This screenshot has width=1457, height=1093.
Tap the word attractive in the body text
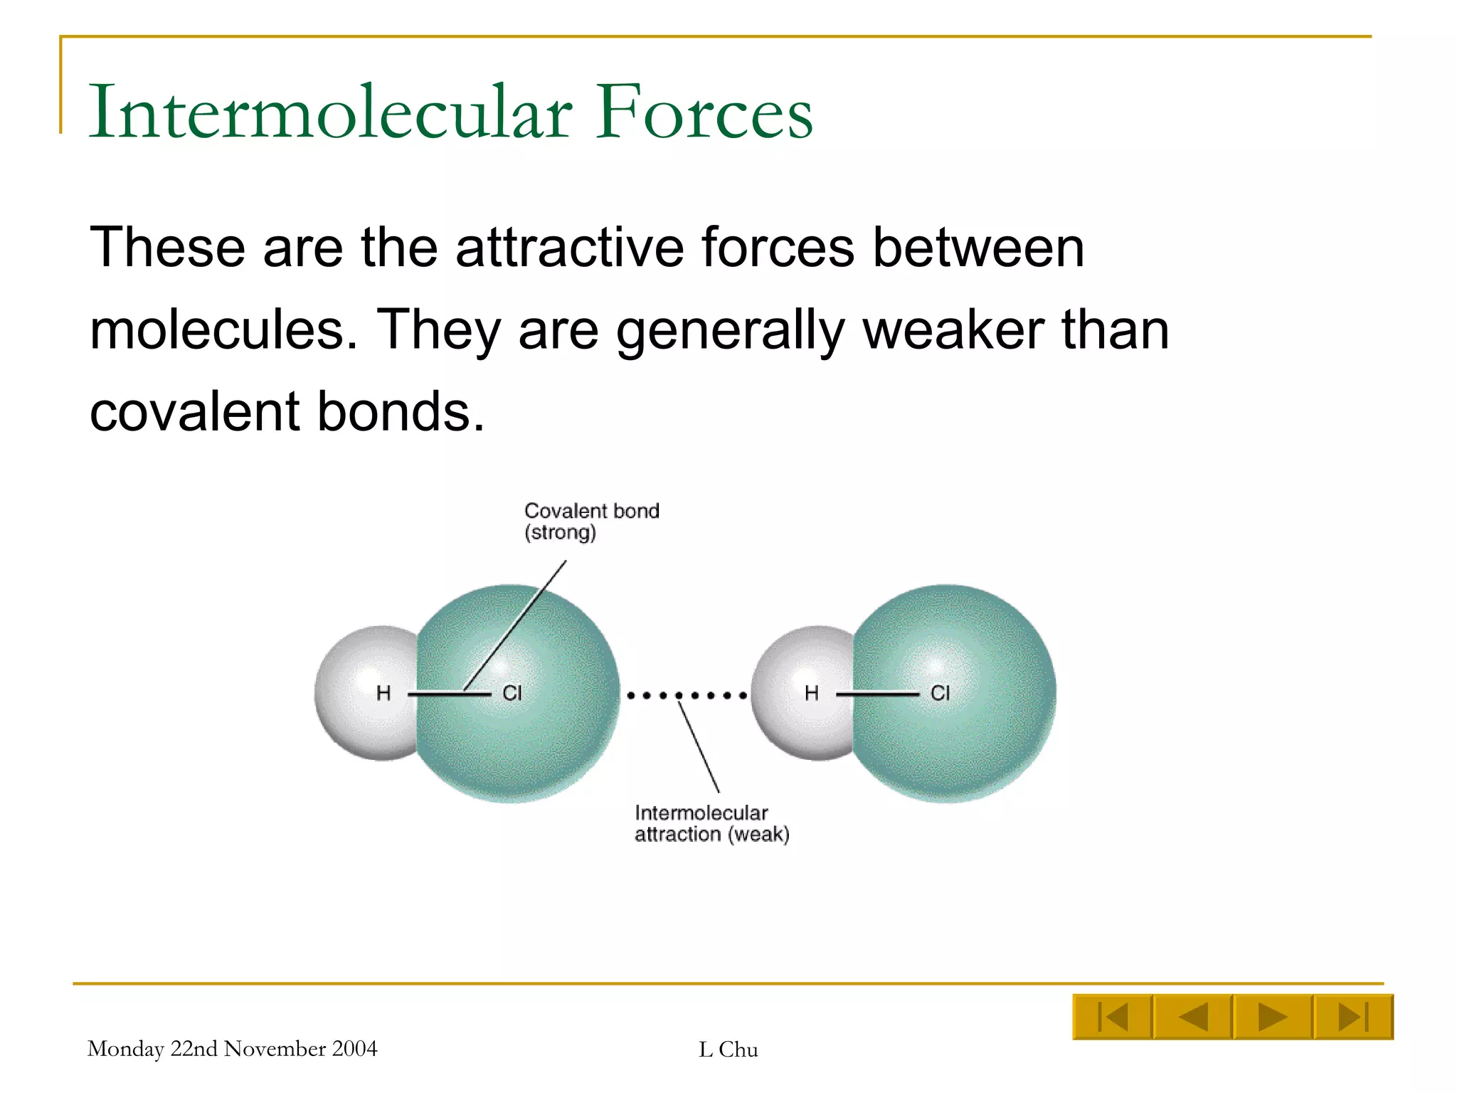coord(569,247)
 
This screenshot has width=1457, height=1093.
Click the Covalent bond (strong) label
coord(592,522)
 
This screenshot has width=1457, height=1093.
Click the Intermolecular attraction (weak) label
coord(712,823)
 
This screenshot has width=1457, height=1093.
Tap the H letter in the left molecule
coord(383,693)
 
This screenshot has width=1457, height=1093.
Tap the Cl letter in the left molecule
coord(512,693)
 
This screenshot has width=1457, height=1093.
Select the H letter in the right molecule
coord(812,693)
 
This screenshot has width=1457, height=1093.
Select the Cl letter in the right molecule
coord(941,693)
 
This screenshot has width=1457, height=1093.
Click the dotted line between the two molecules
coord(687,695)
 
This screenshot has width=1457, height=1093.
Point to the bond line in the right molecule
coord(878,694)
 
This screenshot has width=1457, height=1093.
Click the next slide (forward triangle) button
coord(1273,1017)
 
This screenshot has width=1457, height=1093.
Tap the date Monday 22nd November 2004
coord(233,1049)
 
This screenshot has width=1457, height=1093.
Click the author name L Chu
coord(728,1050)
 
